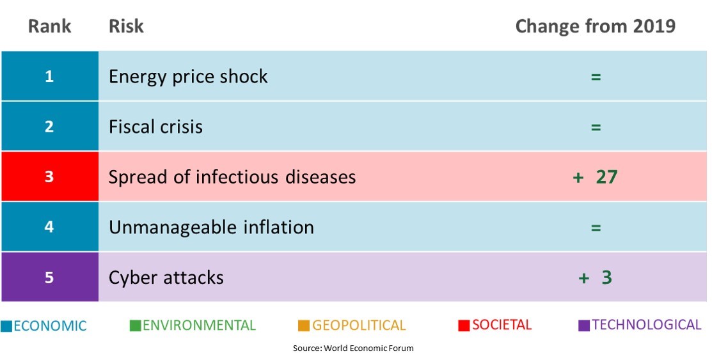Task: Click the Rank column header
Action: [x=49, y=26]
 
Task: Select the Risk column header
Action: [x=126, y=26]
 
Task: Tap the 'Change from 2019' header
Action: [x=596, y=26]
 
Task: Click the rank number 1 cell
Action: [x=49, y=76]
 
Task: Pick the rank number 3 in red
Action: [x=49, y=176]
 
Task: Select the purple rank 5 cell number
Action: [x=49, y=278]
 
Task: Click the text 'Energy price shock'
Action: [x=188, y=77]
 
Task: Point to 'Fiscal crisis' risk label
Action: [x=155, y=127]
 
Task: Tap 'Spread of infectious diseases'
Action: [x=232, y=176]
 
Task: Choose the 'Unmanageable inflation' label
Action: [x=211, y=227]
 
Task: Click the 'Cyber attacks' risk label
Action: [x=166, y=278]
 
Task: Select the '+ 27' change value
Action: [x=596, y=176]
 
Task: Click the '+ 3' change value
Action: [x=596, y=278]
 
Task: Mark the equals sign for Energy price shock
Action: [x=596, y=77]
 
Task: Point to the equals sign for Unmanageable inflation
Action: [x=596, y=227]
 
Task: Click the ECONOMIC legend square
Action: [x=6, y=326]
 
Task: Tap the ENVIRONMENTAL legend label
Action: [x=200, y=325]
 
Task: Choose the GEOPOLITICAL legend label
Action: [x=359, y=325]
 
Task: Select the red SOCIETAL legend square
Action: [x=464, y=325]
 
